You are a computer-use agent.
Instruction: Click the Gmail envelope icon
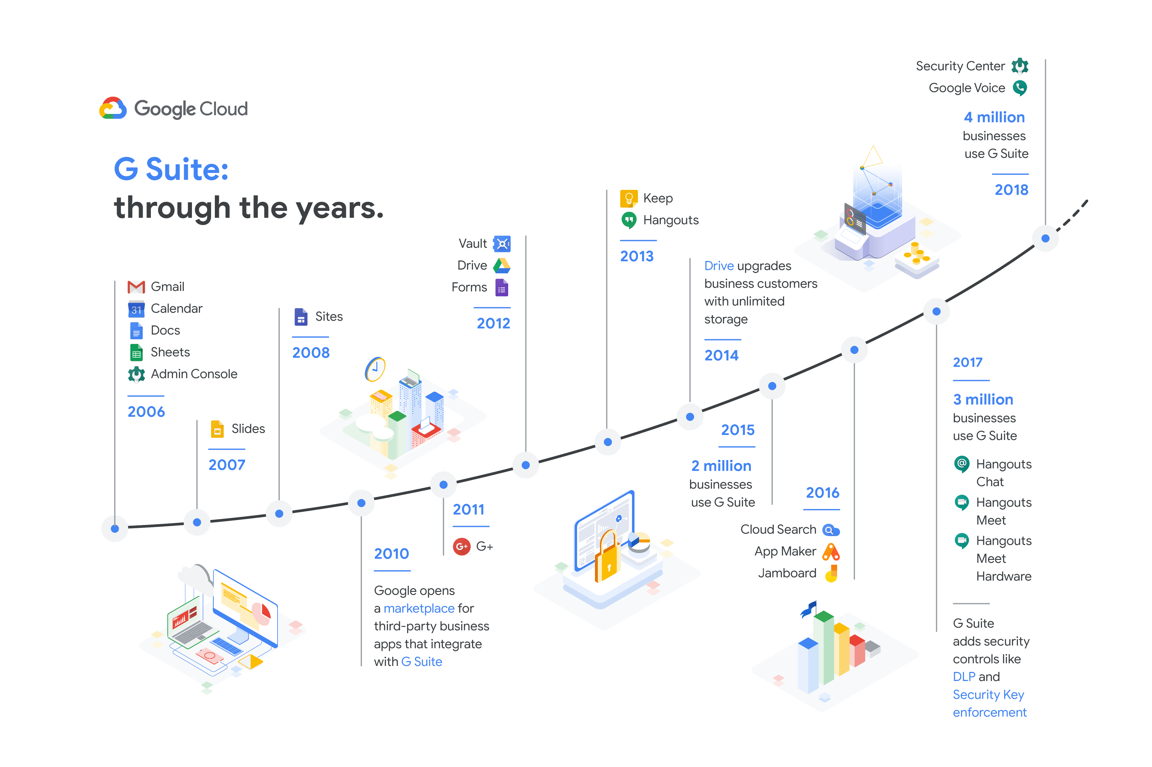136,287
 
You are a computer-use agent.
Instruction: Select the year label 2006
146,411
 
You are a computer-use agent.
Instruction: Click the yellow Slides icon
217,429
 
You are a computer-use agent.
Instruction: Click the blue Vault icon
502,244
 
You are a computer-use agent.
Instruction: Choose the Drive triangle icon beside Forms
502,265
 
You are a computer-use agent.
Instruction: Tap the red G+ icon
461,546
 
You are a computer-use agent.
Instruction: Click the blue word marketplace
419,609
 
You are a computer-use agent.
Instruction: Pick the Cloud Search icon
831,530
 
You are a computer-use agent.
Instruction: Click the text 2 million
721,466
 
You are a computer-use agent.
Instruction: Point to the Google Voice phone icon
1020,88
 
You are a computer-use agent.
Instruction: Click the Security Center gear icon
1020,66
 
